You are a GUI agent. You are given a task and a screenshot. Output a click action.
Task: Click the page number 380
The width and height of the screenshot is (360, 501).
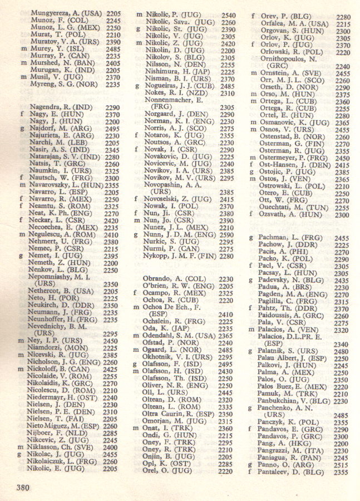click(x=22, y=488)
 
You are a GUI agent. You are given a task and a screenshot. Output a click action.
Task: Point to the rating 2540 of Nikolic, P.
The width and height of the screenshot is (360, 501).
click(x=228, y=16)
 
